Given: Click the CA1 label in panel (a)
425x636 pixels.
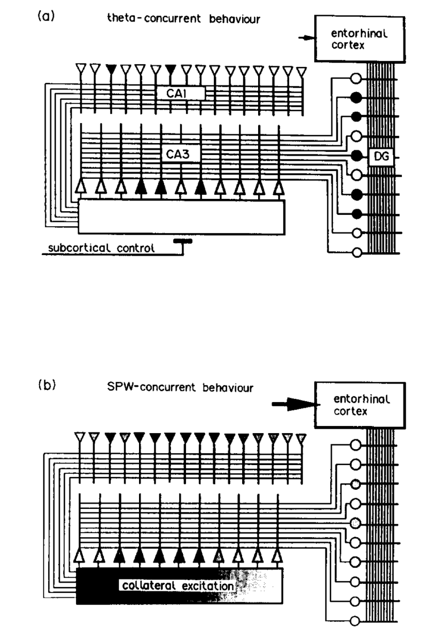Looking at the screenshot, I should pyautogui.click(x=176, y=93).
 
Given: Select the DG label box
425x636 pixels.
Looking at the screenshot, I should pyautogui.click(x=381, y=156).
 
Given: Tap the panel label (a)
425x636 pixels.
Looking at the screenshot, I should pyautogui.click(x=46, y=16).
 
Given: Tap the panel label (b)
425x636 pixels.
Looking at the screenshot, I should pyautogui.click(x=47, y=384).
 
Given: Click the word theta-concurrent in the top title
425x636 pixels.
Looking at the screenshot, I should pyautogui.click(x=154, y=19).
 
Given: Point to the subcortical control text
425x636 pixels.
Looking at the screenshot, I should pyautogui.click(x=101, y=248).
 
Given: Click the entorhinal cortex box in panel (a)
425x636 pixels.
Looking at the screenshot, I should pyautogui.click(x=359, y=39).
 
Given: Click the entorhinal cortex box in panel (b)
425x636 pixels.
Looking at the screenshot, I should pyautogui.click(x=359, y=405).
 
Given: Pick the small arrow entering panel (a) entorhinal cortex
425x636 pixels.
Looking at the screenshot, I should pyautogui.click(x=306, y=39).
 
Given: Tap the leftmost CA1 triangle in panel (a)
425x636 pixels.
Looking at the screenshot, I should pyautogui.click(x=81, y=69).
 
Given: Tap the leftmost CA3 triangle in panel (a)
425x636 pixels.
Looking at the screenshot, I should pyautogui.click(x=81, y=186).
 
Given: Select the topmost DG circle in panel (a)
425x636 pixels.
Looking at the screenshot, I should pyautogui.click(x=356, y=78).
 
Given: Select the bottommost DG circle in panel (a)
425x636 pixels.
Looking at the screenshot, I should pyautogui.click(x=356, y=253).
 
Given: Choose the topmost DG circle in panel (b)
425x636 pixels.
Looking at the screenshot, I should pyautogui.click(x=355, y=445).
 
